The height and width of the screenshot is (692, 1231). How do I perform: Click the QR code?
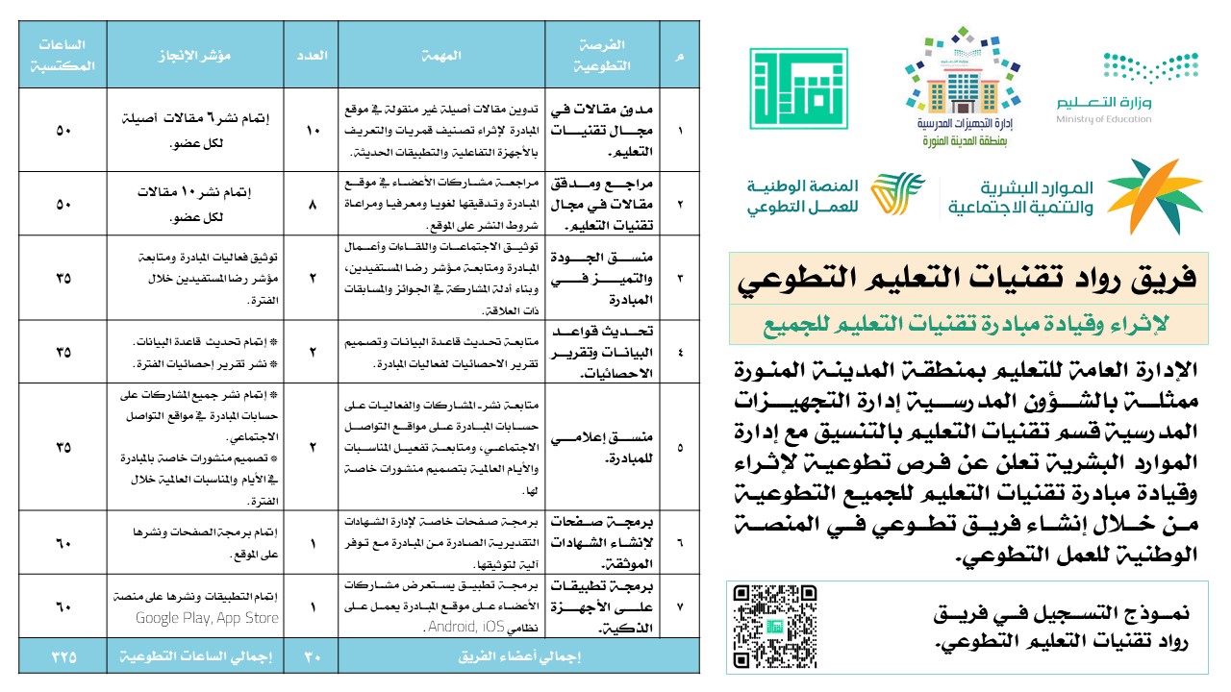point(774,626)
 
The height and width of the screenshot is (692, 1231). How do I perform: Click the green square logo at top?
point(798,89)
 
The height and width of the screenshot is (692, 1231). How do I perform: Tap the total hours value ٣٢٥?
point(63,657)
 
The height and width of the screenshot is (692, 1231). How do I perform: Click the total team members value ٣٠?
point(313,657)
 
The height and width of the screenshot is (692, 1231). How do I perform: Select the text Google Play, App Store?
point(207,618)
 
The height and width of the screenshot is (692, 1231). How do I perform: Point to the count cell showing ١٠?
point(313,130)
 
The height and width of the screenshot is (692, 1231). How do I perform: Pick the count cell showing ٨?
point(313,204)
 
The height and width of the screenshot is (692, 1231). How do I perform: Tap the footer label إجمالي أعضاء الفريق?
point(518,657)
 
